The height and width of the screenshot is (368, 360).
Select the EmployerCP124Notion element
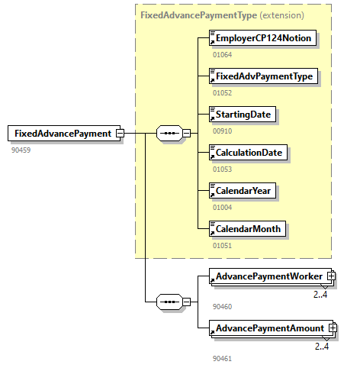pos(263,38)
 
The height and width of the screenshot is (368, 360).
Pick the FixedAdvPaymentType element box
pos(263,76)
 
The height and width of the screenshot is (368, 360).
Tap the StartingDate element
pos(243,115)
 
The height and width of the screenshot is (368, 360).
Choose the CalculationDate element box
pos(249,153)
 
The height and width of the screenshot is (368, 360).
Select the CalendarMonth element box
pos(248,228)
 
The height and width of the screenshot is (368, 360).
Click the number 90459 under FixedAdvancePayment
pos(21,150)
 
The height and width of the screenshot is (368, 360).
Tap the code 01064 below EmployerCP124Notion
pos(222,55)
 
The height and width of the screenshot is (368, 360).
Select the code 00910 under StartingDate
pos(222,131)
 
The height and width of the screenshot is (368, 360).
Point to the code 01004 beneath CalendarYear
pos(222,207)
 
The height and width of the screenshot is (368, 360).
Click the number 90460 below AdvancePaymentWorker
pos(222,306)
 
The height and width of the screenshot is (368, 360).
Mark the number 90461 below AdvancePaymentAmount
pos(222,357)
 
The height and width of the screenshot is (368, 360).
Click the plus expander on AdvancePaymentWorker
pos(332,276)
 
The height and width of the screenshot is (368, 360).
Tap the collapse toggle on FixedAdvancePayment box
pos(120,134)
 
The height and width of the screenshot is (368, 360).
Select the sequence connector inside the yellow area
pos(168,134)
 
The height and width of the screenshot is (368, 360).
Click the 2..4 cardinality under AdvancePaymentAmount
pos(322,347)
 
